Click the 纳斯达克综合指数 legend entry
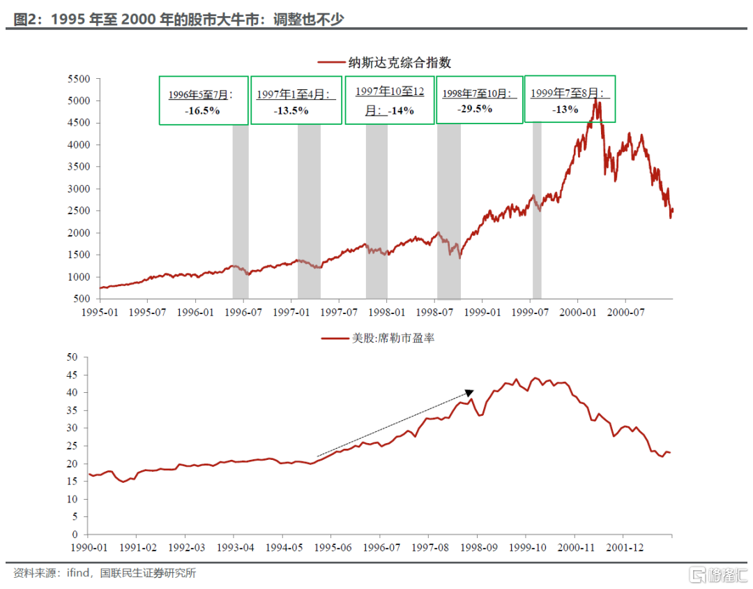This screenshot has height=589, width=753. click(x=394, y=63)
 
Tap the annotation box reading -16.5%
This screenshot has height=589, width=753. click(x=204, y=100)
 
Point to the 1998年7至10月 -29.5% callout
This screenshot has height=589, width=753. click(x=479, y=100)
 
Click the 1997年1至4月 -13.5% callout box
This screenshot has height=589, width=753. click(x=296, y=101)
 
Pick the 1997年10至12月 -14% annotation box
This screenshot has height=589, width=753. click(x=390, y=100)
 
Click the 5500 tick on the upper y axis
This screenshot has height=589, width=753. click(x=79, y=79)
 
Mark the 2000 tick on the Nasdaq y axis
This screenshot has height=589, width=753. click(x=79, y=233)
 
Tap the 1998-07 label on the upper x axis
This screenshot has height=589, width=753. click(x=434, y=312)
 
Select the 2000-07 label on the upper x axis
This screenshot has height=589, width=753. click(x=625, y=312)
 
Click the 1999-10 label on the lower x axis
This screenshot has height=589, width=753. click(x=526, y=547)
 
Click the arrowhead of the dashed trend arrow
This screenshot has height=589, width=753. click(x=470, y=393)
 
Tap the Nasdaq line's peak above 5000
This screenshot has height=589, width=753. click(x=595, y=100)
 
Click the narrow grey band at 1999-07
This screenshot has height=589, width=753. click(x=537, y=209)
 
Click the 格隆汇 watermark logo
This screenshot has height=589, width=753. click(x=713, y=574)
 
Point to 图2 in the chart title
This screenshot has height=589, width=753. click(x=25, y=19)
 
